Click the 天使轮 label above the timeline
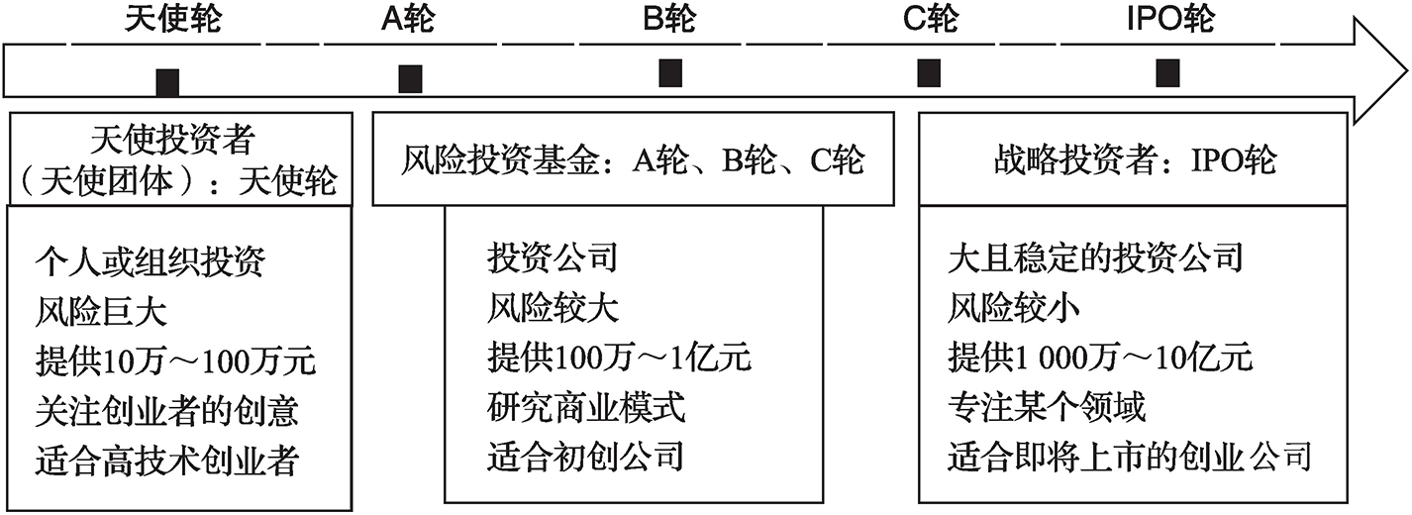[173, 18]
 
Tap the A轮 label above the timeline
[408, 18]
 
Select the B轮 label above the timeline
[669, 18]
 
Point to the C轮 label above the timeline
[931, 18]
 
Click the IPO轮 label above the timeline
[1170, 18]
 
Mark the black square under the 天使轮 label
[167, 82]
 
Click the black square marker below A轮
[410, 79]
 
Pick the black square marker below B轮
[670, 72]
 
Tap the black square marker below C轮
[929, 72]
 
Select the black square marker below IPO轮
[1167, 72]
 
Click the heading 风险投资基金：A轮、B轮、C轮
[633, 159]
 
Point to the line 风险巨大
[101, 311]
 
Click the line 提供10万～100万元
[176, 361]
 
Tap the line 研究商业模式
[585, 407]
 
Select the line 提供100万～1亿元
[619, 358]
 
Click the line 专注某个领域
[1047, 407]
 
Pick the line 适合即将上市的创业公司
[1130, 457]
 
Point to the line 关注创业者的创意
[167, 411]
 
